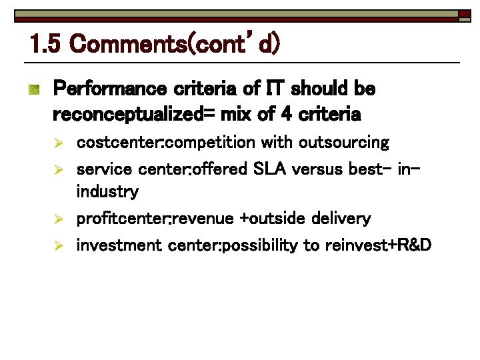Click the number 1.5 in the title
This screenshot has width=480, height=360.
coord(45,45)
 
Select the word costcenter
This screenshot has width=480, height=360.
coord(119,143)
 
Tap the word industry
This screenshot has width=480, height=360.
coord(107,192)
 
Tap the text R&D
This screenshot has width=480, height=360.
coord(414,245)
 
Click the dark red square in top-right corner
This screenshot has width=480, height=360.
coord(465,14)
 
